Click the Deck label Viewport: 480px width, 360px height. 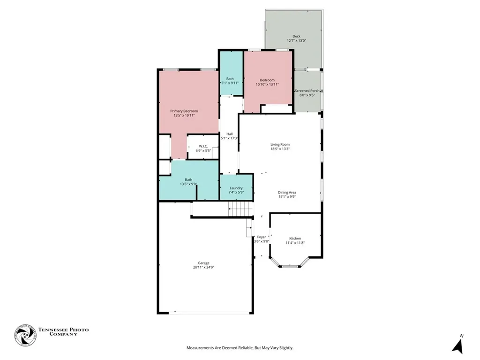296,36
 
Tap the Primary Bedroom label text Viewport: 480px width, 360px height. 184,111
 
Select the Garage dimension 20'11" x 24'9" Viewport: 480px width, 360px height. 203,268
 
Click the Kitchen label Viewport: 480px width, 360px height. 295,239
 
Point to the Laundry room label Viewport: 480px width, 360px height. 236,188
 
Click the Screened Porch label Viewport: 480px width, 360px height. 307,91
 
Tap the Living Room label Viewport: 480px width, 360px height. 280,144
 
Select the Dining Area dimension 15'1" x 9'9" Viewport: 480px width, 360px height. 287,197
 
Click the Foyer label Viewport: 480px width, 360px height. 262,237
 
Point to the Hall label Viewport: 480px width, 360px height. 230,134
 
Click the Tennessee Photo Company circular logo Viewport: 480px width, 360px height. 25,335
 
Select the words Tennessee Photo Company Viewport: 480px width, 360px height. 63,332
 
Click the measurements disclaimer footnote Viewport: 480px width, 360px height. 240,348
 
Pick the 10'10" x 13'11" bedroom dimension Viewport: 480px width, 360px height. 267,85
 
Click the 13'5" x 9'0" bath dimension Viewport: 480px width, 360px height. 188,184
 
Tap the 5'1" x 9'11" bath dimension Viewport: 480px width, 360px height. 230,83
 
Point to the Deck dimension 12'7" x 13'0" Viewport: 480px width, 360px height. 296,41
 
